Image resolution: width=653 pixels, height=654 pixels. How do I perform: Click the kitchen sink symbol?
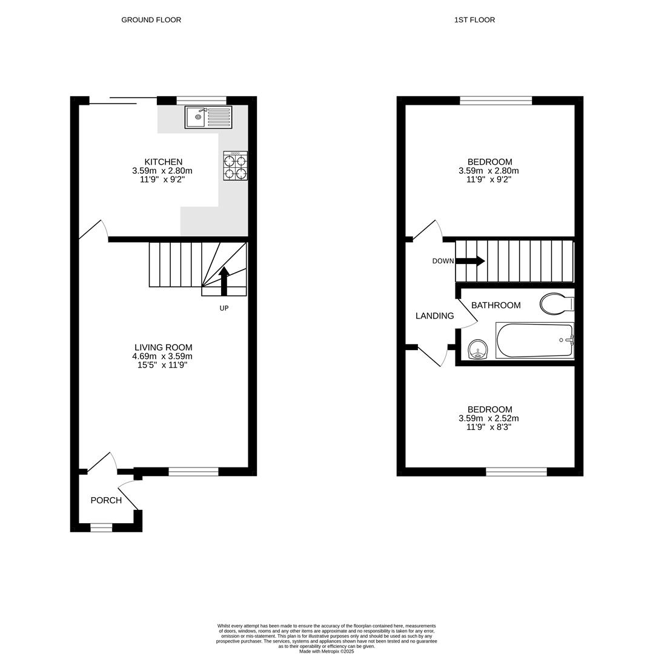(x=208, y=117)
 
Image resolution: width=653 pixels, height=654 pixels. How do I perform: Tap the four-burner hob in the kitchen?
(x=235, y=166)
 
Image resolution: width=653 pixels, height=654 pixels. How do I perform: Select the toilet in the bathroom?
(x=556, y=303)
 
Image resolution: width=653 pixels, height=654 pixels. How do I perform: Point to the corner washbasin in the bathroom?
(x=478, y=349)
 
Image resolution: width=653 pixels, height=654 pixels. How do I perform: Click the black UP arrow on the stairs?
(x=224, y=281)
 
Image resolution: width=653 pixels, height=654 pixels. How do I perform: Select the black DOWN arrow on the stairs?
(x=470, y=261)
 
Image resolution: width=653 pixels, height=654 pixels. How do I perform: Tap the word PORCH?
(x=106, y=500)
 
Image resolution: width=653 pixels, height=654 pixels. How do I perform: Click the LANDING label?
(x=434, y=315)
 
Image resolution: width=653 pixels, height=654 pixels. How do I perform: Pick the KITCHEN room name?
(x=163, y=162)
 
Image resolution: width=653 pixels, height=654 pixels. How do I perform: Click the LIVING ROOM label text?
(x=163, y=347)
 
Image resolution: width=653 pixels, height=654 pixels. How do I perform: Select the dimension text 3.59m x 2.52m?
(x=488, y=418)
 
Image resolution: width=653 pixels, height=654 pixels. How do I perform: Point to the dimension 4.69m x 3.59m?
(x=162, y=356)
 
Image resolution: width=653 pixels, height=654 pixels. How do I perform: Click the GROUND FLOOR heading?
(x=151, y=20)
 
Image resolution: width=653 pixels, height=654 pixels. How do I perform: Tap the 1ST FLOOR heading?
(x=474, y=20)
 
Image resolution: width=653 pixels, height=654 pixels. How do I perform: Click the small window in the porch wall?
(x=101, y=528)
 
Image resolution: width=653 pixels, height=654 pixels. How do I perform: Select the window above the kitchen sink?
(x=201, y=101)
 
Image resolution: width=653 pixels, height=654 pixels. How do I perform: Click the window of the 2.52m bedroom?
(x=516, y=472)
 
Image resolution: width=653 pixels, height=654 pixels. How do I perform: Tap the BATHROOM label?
(x=496, y=305)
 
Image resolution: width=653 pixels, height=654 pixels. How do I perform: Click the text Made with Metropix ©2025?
(x=326, y=651)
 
